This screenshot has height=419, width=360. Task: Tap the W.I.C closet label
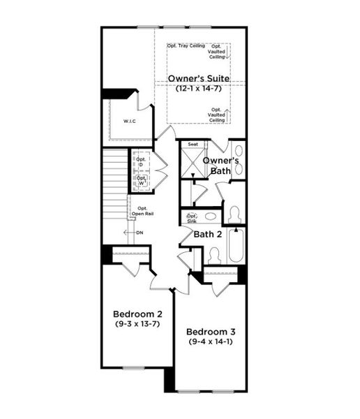click(129, 122)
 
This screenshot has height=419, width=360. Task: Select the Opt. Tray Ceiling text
click(186, 46)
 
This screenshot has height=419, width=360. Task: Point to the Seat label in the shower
click(193, 145)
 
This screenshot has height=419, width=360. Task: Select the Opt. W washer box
click(142, 181)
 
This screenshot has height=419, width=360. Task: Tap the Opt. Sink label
click(192, 219)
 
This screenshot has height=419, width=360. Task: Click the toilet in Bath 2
click(214, 255)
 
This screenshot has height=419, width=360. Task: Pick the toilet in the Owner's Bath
click(234, 212)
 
